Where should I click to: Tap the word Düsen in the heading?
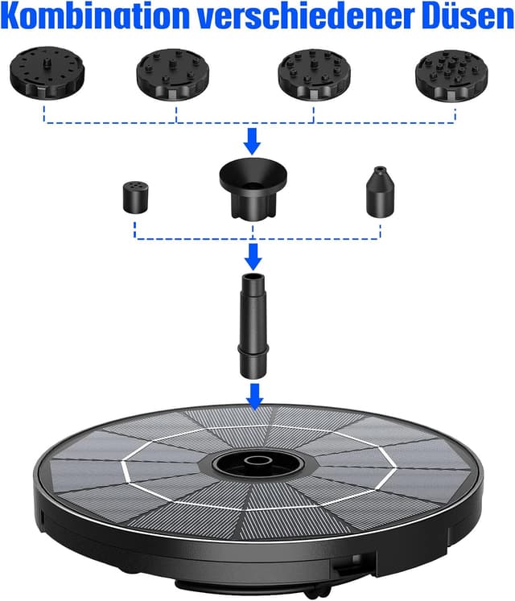tap(466, 16)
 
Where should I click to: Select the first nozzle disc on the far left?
tap(47, 72)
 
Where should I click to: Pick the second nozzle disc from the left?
tap(172, 73)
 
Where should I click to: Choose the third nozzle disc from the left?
tap(314, 74)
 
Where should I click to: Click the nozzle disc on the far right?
tap(451, 75)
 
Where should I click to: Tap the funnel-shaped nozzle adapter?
tap(253, 188)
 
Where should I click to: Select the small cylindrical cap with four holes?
tap(136, 197)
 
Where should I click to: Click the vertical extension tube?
tap(253, 326)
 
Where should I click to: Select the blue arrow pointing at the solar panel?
tap(254, 397)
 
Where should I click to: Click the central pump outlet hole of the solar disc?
tap(254, 460)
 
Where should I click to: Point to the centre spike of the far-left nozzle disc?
tap(47, 62)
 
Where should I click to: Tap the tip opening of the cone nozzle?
tap(380, 168)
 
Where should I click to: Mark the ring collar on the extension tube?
tap(253, 349)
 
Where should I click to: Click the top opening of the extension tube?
tap(253, 276)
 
